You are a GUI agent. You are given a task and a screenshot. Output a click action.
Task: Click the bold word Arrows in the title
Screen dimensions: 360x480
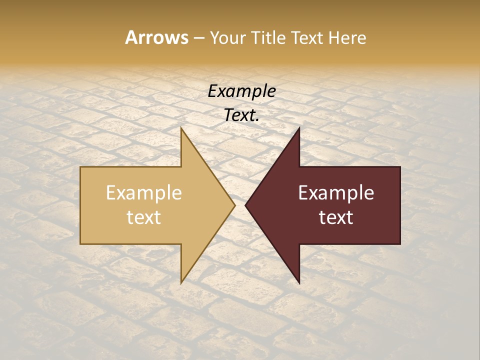tap(156, 37)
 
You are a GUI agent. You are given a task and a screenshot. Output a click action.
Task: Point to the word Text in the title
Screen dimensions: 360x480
tap(306, 37)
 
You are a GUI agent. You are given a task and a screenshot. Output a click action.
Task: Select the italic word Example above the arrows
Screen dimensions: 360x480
tap(242, 91)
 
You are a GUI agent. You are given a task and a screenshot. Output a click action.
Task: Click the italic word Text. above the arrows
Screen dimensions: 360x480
tap(242, 115)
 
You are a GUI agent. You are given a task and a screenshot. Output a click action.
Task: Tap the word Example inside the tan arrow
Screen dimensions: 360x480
tap(144, 193)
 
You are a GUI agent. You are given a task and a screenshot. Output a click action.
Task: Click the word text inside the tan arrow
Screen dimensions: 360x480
tap(144, 217)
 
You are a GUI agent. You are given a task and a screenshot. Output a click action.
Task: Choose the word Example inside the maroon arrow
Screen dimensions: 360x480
tap(336, 193)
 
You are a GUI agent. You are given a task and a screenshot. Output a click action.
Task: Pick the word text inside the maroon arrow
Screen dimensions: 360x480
tap(336, 217)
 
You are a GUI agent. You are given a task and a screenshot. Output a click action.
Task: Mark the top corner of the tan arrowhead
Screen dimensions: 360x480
tap(181, 129)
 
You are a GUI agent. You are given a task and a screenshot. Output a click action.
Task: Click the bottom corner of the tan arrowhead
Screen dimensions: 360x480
tap(181, 282)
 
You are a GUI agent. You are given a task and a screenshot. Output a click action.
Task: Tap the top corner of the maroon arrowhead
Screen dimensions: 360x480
tap(299, 129)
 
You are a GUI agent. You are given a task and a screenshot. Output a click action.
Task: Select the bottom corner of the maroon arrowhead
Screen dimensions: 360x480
tap(299, 282)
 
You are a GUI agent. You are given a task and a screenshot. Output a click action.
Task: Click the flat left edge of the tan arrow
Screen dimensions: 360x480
tap(81, 205)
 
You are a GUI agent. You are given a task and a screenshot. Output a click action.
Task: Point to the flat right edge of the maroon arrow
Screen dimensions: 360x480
tap(400, 205)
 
